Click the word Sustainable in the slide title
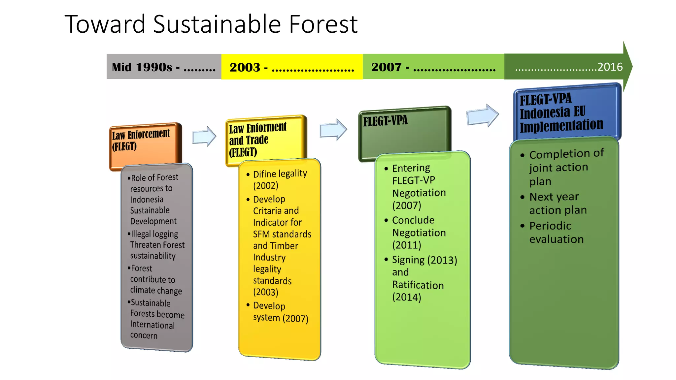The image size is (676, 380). click(217, 24)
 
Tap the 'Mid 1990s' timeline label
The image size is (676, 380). click(142, 67)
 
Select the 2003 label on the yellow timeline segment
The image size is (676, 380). click(245, 67)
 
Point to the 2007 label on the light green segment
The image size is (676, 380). click(386, 67)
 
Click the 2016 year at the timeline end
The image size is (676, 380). click(610, 67)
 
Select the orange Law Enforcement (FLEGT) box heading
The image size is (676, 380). click(141, 140)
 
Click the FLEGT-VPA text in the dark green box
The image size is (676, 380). click(386, 121)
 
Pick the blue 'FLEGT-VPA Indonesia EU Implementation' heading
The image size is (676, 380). click(561, 112)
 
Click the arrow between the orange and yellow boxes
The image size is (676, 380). click(204, 136)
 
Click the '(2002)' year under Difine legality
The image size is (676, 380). click(266, 186)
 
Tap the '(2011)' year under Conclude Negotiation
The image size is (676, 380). click(407, 245)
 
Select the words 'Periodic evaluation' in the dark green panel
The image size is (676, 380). click(556, 233)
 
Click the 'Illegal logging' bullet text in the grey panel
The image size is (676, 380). click(154, 234)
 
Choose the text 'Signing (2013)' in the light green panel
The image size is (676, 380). click(424, 260)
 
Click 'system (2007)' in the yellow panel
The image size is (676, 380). click(281, 318)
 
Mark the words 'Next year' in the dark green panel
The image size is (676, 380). click(554, 197)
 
